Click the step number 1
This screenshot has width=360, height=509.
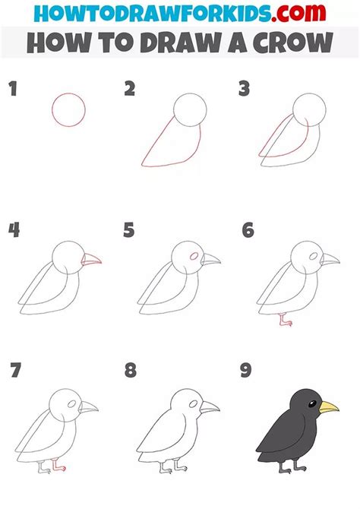tap(11, 90)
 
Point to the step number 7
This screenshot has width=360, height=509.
tap(15, 371)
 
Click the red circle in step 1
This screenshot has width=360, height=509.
tap(68, 109)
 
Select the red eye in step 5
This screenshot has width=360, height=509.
tap(193, 256)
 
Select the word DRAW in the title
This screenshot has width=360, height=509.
tap(169, 42)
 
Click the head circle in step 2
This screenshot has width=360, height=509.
tap(189, 110)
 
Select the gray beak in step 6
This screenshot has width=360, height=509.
tap(329, 262)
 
